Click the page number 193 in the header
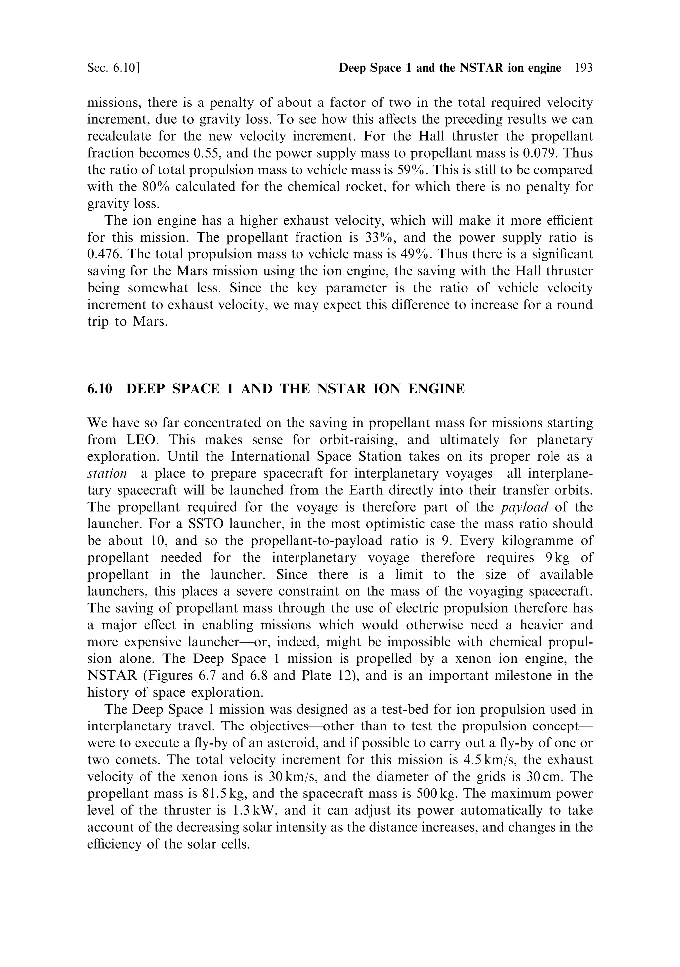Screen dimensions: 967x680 pos(583,68)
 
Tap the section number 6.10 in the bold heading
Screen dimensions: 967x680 pos(100,389)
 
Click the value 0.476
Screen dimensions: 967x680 pos(104,254)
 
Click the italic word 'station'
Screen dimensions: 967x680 pos(107,473)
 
